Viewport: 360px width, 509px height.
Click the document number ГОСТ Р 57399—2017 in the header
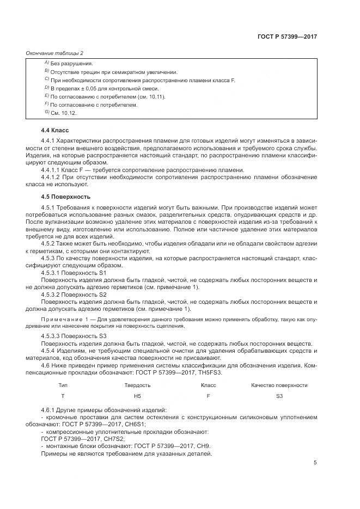click(288, 36)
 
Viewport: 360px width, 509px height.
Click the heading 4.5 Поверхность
click(65, 196)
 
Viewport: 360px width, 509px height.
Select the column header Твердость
click(137, 385)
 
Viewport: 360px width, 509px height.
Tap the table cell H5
click(137, 396)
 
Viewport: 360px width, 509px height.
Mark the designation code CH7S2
click(109, 438)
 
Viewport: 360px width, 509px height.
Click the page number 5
click(315, 463)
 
